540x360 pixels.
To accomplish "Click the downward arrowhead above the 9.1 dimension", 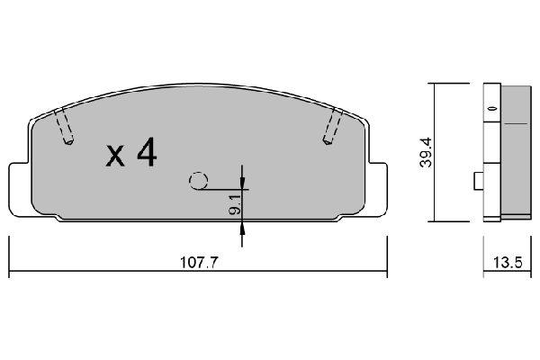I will [242, 183].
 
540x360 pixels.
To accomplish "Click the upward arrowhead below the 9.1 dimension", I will [242, 226].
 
